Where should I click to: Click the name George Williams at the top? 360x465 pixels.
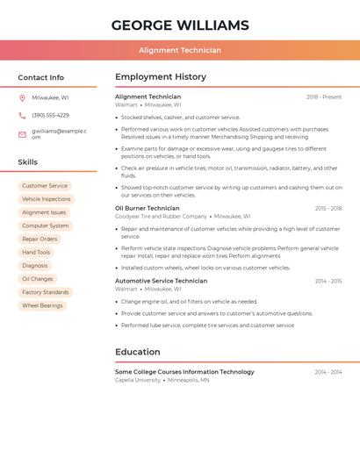click(x=180, y=25)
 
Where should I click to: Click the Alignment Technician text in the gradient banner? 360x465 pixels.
click(x=180, y=51)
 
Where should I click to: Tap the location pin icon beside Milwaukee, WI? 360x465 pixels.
click(x=22, y=97)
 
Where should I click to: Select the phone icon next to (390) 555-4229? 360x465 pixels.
click(x=22, y=115)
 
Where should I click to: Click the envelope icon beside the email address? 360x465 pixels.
click(x=22, y=133)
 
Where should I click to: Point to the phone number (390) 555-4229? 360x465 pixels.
click(x=50, y=115)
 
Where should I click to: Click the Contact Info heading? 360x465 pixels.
click(x=41, y=77)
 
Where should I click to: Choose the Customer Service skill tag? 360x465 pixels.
click(x=45, y=186)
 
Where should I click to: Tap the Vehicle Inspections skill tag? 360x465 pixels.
click(x=47, y=199)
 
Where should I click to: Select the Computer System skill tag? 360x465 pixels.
click(x=46, y=225)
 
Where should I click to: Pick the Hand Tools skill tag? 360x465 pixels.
click(x=36, y=252)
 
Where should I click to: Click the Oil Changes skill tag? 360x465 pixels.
click(x=38, y=279)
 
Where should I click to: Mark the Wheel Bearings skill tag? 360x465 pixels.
click(x=42, y=305)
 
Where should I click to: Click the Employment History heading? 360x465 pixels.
click(x=161, y=77)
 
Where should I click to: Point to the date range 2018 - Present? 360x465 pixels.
click(x=324, y=97)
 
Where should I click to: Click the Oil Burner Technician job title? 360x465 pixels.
click(x=148, y=208)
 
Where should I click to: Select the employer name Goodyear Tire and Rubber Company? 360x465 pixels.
click(x=161, y=216)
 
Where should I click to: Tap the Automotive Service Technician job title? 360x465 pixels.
click(x=162, y=281)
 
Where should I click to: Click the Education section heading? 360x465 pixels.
click(x=138, y=352)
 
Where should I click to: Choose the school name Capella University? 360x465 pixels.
click(x=138, y=380)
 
